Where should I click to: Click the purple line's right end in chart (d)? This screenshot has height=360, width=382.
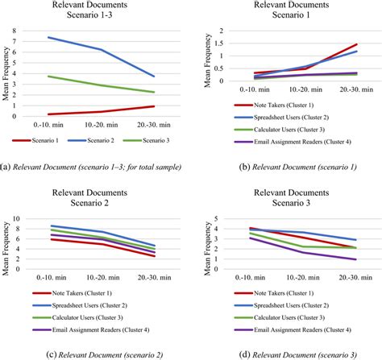(x=356, y=259)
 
